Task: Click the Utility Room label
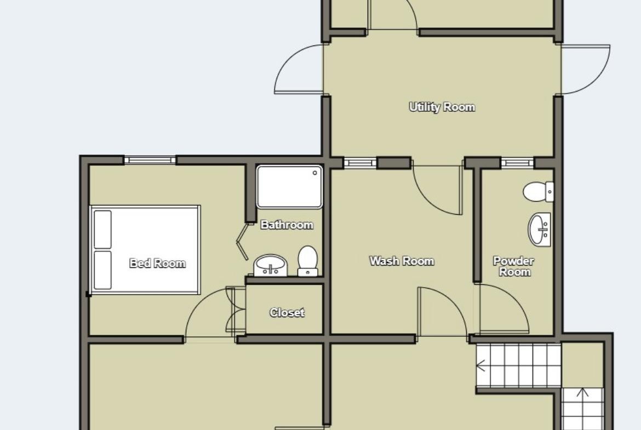(x=442, y=107)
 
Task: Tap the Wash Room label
(x=402, y=261)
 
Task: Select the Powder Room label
(x=514, y=267)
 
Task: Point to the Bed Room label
(x=157, y=263)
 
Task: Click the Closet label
(x=287, y=313)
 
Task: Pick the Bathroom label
(x=287, y=225)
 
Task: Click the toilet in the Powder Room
(x=539, y=192)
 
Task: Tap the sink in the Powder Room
(x=540, y=230)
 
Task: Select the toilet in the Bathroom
(x=307, y=261)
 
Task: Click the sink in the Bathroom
(x=271, y=266)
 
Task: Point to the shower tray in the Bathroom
(x=289, y=187)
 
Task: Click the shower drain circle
(x=315, y=173)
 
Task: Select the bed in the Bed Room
(x=145, y=249)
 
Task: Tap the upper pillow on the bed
(x=102, y=230)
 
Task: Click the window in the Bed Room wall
(x=150, y=160)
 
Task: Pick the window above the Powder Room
(x=518, y=163)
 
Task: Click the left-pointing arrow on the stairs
(x=481, y=365)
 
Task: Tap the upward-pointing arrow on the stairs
(x=582, y=393)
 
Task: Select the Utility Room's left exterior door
(x=299, y=70)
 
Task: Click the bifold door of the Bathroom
(x=242, y=241)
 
